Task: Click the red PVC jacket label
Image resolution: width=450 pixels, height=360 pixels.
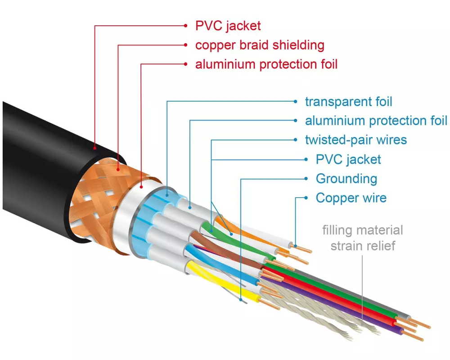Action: pyautogui.click(x=228, y=25)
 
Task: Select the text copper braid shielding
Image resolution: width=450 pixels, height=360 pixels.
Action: pyautogui.click(x=260, y=45)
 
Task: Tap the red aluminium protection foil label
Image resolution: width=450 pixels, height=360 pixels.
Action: pyautogui.click(x=266, y=64)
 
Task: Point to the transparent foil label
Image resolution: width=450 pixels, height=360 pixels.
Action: pyautogui.click(x=349, y=102)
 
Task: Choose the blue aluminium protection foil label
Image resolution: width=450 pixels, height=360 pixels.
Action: pyautogui.click(x=376, y=121)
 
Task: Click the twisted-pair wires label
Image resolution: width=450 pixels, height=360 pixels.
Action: pyautogui.click(x=355, y=140)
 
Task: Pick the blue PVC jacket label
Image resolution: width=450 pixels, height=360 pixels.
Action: pyautogui.click(x=348, y=159)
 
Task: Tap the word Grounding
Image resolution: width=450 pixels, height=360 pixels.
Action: pyautogui.click(x=346, y=179)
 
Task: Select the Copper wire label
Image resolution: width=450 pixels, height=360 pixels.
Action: pyautogui.click(x=351, y=198)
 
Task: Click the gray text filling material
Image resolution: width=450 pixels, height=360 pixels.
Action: pyautogui.click(x=362, y=231)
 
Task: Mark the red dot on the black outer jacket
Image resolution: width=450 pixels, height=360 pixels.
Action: pyautogui.click(x=95, y=147)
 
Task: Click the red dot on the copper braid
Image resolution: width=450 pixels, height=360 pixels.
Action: pyautogui.click(x=118, y=170)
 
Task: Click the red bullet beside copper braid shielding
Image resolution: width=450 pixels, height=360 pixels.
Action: pyautogui.click(x=185, y=45)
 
